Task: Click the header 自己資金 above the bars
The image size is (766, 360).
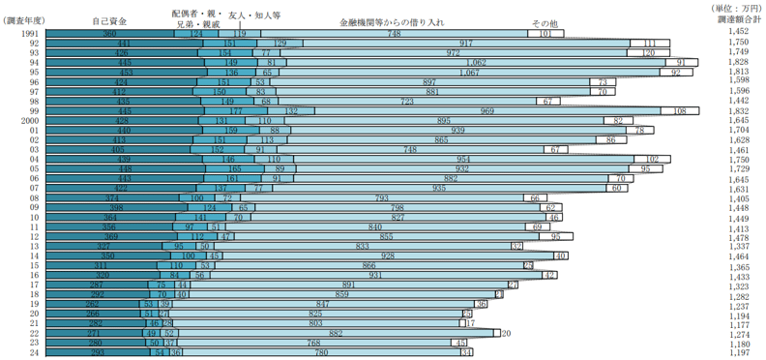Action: (x=109, y=20)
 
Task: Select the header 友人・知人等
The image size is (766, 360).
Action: (x=254, y=16)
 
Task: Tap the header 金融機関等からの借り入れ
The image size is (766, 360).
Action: (x=393, y=20)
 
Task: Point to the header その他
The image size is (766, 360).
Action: (x=545, y=23)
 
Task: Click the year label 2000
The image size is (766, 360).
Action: (x=27, y=121)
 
